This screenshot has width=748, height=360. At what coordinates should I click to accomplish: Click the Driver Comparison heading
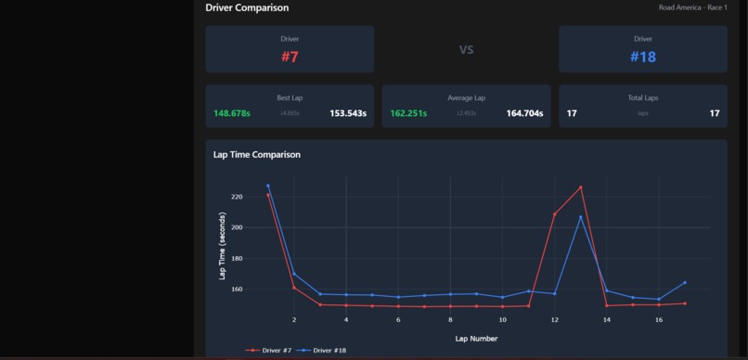pyautogui.click(x=247, y=7)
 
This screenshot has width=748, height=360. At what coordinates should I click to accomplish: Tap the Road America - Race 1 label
pyautogui.click(x=692, y=7)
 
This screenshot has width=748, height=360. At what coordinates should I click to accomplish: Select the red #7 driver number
pyautogui.click(x=290, y=57)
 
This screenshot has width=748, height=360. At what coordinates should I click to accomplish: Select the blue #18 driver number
pyautogui.click(x=643, y=57)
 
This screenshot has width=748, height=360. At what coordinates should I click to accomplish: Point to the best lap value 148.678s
pyautogui.click(x=232, y=113)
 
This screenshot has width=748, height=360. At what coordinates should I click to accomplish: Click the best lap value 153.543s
pyautogui.click(x=348, y=113)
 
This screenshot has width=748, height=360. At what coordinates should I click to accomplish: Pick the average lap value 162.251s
pyautogui.click(x=408, y=113)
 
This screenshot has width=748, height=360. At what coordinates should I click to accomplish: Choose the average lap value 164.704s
pyautogui.click(x=524, y=113)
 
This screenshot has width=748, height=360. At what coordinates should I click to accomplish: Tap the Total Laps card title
pyautogui.click(x=642, y=97)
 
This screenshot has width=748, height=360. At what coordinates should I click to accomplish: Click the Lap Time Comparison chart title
pyautogui.click(x=257, y=154)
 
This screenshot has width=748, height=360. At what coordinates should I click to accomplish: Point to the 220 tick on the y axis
pyautogui.click(x=236, y=197)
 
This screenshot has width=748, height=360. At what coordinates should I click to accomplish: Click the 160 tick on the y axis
pyautogui.click(x=236, y=289)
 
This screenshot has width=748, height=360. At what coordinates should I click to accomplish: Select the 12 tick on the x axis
pyautogui.click(x=555, y=320)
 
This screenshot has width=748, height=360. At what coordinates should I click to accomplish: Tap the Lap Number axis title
pyautogui.click(x=476, y=339)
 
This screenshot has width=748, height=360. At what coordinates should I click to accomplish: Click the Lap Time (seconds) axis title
pyautogui.click(x=222, y=246)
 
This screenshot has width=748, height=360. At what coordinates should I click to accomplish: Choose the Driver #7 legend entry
pyautogui.click(x=271, y=351)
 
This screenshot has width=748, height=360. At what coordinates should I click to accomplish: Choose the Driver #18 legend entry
pyautogui.click(x=325, y=351)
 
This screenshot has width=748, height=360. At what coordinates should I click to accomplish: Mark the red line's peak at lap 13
pyautogui.click(x=581, y=187)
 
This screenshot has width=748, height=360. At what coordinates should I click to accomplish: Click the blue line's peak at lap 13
pyautogui.click(x=581, y=217)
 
